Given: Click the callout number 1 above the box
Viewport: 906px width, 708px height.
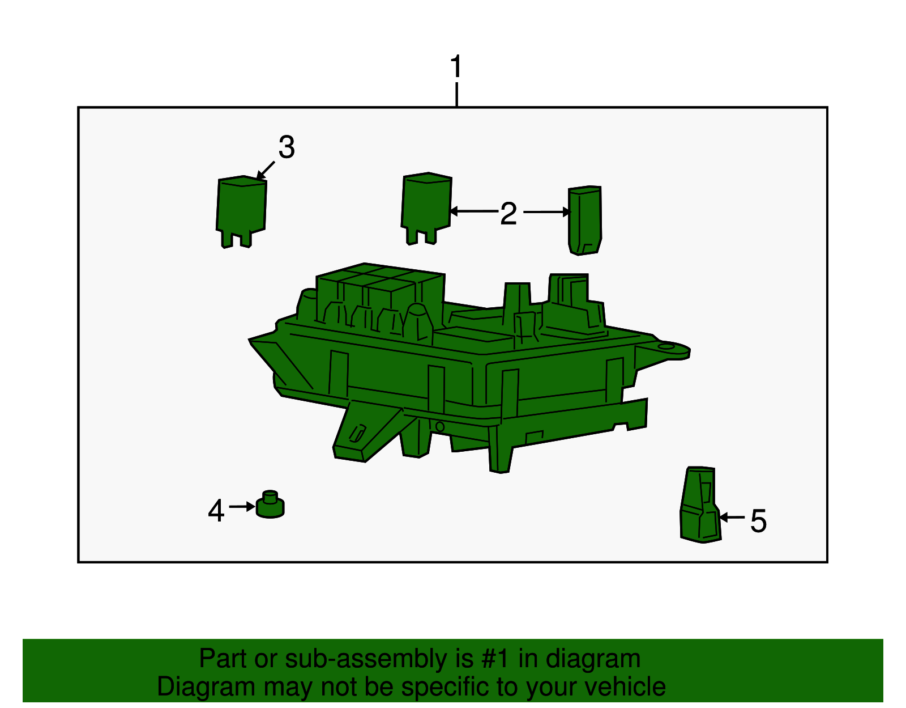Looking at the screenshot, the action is tap(456, 66).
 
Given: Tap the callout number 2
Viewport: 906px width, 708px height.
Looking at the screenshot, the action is tap(508, 214).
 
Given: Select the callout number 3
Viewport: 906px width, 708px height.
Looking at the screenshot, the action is tap(287, 147).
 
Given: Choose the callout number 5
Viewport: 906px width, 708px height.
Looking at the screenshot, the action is tap(758, 521).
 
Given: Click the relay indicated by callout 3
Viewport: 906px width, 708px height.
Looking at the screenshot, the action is tap(241, 211).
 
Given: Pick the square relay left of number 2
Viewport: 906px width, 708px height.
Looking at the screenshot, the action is tap(426, 208).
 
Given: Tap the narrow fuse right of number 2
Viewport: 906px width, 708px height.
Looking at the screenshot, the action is tap(585, 221).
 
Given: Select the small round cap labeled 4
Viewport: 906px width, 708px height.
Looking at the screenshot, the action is tap(270, 504).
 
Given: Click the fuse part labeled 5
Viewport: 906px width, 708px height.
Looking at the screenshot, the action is tap(700, 505).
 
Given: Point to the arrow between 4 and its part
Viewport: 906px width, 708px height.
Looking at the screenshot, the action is tap(242, 507).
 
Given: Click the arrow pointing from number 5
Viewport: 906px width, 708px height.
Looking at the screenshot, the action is tap(732, 518).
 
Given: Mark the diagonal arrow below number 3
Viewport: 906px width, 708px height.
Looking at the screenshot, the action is tap(265, 171).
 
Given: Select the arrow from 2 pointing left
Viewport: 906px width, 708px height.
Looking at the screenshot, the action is tap(475, 211).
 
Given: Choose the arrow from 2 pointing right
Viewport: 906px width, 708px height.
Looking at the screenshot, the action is tap(547, 212).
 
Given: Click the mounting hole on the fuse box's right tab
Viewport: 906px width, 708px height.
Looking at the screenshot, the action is tap(666, 346).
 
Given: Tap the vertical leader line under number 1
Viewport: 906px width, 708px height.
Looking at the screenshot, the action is tap(457, 94).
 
